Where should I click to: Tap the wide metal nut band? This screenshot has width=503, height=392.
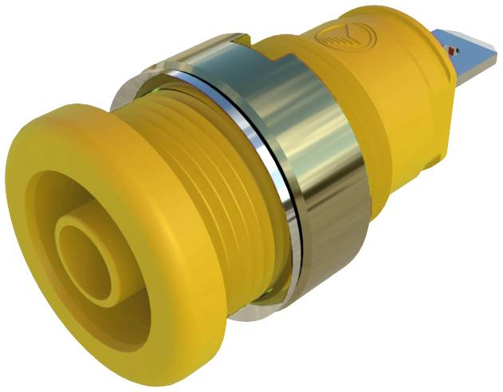319,183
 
